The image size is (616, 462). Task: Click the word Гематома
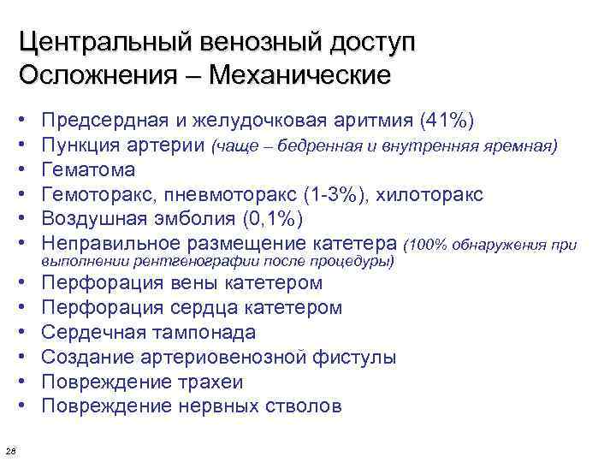88,170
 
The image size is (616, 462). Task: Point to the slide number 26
9,452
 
